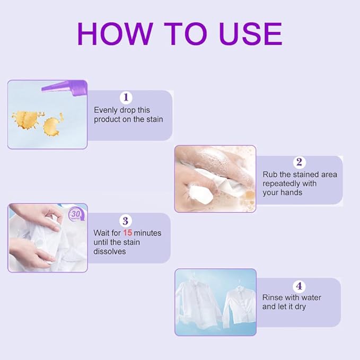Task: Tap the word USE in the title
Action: pyautogui.click(x=251, y=34)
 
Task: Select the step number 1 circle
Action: pyautogui.click(x=126, y=98)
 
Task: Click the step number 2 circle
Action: pyautogui.click(x=299, y=162)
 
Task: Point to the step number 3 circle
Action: pyautogui.click(x=125, y=221)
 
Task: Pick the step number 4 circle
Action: pyautogui.click(x=299, y=286)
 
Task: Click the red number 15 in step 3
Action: pyautogui.click(x=127, y=233)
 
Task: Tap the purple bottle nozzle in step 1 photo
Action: pyautogui.click(x=64, y=87)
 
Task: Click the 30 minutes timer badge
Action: pyautogui.click(x=76, y=215)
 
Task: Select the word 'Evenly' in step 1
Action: pyautogui.click(x=106, y=110)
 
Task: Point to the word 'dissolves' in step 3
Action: pyautogui.click(x=110, y=251)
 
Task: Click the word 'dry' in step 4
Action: pyautogui.click(x=300, y=307)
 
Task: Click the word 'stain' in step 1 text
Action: pyautogui.click(x=154, y=119)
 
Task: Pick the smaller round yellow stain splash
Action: pyautogui.click(x=51, y=127)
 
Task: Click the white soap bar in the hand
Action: pyautogui.click(x=201, y=195)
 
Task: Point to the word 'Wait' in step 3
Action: pyautogui.click(x=100, y=233)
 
